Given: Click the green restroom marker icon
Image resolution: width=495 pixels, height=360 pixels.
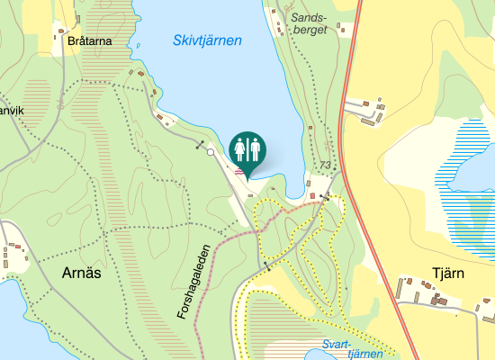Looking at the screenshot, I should pos(247,149).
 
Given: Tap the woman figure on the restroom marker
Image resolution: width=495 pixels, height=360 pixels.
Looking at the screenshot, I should pos(240,148).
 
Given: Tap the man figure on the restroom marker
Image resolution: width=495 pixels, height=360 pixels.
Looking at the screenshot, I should pos(254,148).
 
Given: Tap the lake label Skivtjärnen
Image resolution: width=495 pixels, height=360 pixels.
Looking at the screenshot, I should pos(208,40).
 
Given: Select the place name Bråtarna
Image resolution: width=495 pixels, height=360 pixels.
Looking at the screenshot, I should pos(88,40).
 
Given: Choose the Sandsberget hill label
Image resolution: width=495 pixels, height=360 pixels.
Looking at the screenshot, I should pos(310,22).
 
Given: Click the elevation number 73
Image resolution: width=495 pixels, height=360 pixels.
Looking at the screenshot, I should pos(325,166).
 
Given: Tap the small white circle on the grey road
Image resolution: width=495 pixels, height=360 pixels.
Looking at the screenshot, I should pos(211,152).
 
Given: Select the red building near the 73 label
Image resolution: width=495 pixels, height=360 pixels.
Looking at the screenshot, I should pos(313,195).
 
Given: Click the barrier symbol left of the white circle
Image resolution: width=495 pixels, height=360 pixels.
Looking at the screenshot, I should pos(200,144).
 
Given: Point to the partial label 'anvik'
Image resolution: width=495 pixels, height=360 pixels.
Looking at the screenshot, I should pos(9,111).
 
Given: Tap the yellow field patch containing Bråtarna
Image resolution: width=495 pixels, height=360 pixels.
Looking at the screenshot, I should pos(76,36).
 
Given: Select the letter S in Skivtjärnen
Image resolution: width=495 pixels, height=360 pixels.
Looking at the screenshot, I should pos(177,40).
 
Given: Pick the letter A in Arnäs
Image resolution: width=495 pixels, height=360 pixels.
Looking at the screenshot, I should pos(66,274).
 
